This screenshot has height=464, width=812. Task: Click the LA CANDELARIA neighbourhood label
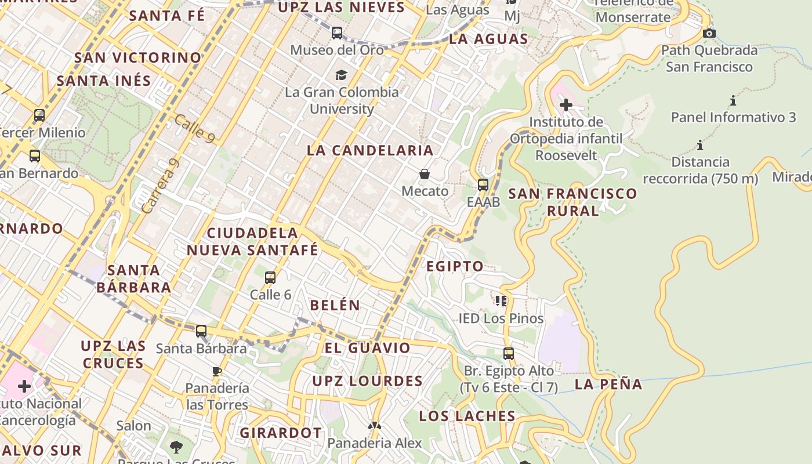(x=370, y=150)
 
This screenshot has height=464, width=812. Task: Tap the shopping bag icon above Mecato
(x=425, y=174)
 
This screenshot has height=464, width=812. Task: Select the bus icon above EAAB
(x=483, y=185)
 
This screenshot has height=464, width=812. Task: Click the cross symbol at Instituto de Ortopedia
(x=565, y=105)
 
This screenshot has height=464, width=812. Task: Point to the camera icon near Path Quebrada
(x=709, y=34)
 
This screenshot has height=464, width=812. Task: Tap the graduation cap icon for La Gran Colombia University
(x=341, y=75)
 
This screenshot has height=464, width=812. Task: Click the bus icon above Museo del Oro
(x=337, y=33)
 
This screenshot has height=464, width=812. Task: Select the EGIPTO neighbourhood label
(x=455, y=266)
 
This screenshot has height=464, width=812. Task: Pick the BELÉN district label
(x=335, y=305)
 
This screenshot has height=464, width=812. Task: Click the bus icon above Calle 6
(x=270, y=278)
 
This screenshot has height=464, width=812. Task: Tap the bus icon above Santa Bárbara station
(x=201, y=331)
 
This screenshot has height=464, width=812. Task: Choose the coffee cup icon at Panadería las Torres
(x=217, y=371)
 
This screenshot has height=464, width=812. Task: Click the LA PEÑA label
(x=608, y=384)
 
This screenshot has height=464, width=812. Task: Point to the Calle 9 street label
(x=194, y=128)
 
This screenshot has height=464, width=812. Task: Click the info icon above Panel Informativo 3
(x=733, y=101)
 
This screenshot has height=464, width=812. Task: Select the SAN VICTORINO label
(x=137, y=58)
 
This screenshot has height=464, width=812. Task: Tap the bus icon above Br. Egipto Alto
(x=509, y=353)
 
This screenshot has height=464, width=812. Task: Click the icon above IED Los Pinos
(x=501, y=300)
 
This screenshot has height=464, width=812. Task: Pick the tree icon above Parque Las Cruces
(x=176, y=447)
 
